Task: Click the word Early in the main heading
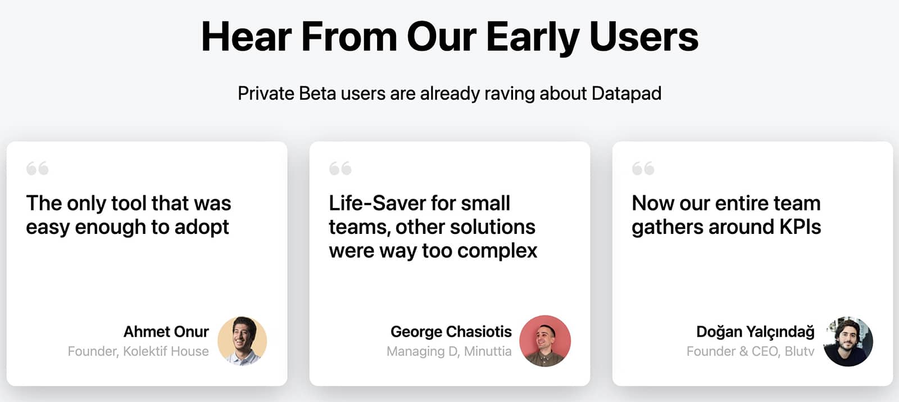533,37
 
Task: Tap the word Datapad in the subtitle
626,93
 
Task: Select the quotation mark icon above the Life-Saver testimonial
340,168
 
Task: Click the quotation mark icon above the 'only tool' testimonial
38,168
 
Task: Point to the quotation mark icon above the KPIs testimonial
643,168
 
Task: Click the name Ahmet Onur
166,332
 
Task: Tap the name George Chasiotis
451,332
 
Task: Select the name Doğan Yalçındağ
755,332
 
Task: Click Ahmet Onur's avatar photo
242,341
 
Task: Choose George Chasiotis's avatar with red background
545,341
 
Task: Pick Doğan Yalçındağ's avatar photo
848,341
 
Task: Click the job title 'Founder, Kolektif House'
138,351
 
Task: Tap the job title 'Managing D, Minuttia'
449,351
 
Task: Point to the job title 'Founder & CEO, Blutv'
750,351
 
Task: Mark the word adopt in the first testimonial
202,227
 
